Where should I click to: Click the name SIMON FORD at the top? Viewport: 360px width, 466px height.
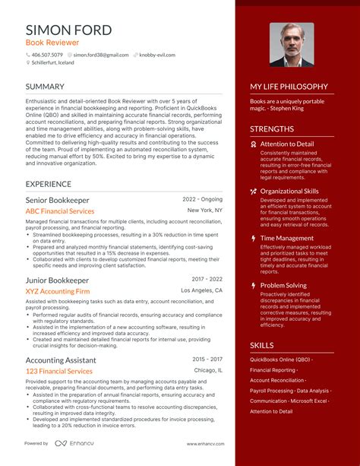point(68,30)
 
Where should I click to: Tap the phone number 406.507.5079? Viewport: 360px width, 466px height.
point(48,55)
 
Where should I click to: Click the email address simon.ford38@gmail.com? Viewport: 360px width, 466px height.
point(101,55)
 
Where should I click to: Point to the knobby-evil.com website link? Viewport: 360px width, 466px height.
point(157,55)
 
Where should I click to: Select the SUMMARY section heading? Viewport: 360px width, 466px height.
point(49,87)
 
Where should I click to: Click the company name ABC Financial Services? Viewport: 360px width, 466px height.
point(60,211)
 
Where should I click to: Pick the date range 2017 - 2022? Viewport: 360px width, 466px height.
point(207,279)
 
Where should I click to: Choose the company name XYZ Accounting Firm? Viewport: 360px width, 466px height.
point(58,291)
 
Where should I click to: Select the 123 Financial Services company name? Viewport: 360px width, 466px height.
point(59,371)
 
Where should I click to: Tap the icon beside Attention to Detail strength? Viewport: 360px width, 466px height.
point(254,143)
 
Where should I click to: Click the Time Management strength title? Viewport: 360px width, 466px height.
point(287,238)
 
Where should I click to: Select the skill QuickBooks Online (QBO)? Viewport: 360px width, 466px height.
point(280,360)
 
